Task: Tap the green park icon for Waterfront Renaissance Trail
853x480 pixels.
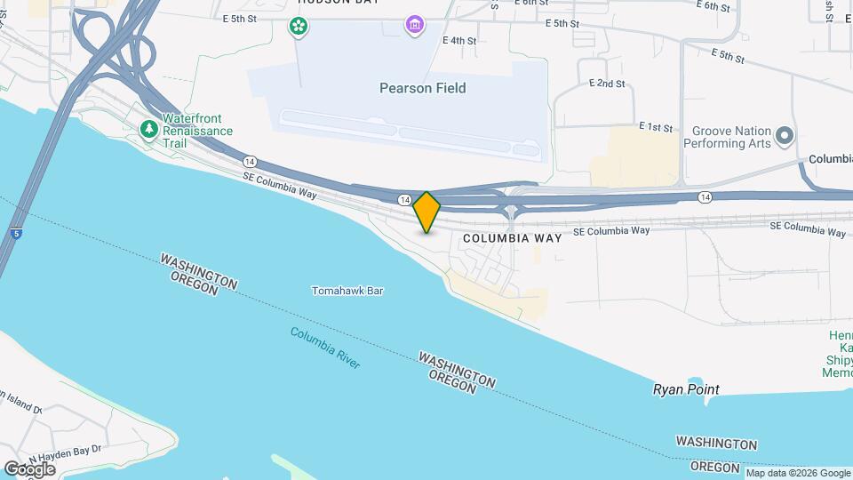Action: [x=148, y=131]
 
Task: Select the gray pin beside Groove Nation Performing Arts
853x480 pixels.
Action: [x=784, y=136]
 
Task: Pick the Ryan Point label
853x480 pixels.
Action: [x=686, y=389]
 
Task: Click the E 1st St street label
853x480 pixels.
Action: [x=656, y=128]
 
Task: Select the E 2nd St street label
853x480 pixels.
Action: [x=607, y=83]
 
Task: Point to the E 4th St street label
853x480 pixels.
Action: [x=458, y=41]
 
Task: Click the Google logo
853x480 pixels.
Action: [x=28, y=468]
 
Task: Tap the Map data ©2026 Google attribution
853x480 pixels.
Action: [x=798, y=473]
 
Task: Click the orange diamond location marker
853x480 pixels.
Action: [x=426, y=212]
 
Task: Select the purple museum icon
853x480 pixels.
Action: [x=414, y=24]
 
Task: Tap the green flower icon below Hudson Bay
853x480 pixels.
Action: [x=299, y=26]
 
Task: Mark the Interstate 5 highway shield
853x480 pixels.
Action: [x=17, y=233]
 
